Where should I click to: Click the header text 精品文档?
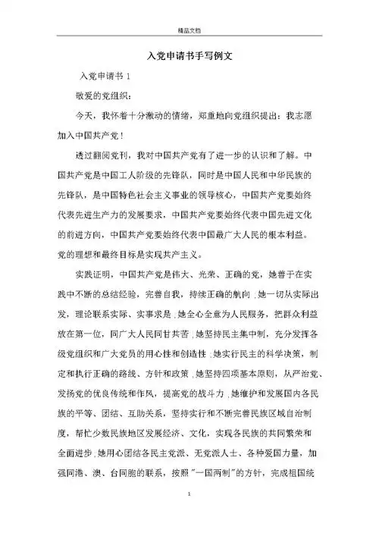(x=189, y=10)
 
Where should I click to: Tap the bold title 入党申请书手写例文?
(x=189, y=58)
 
